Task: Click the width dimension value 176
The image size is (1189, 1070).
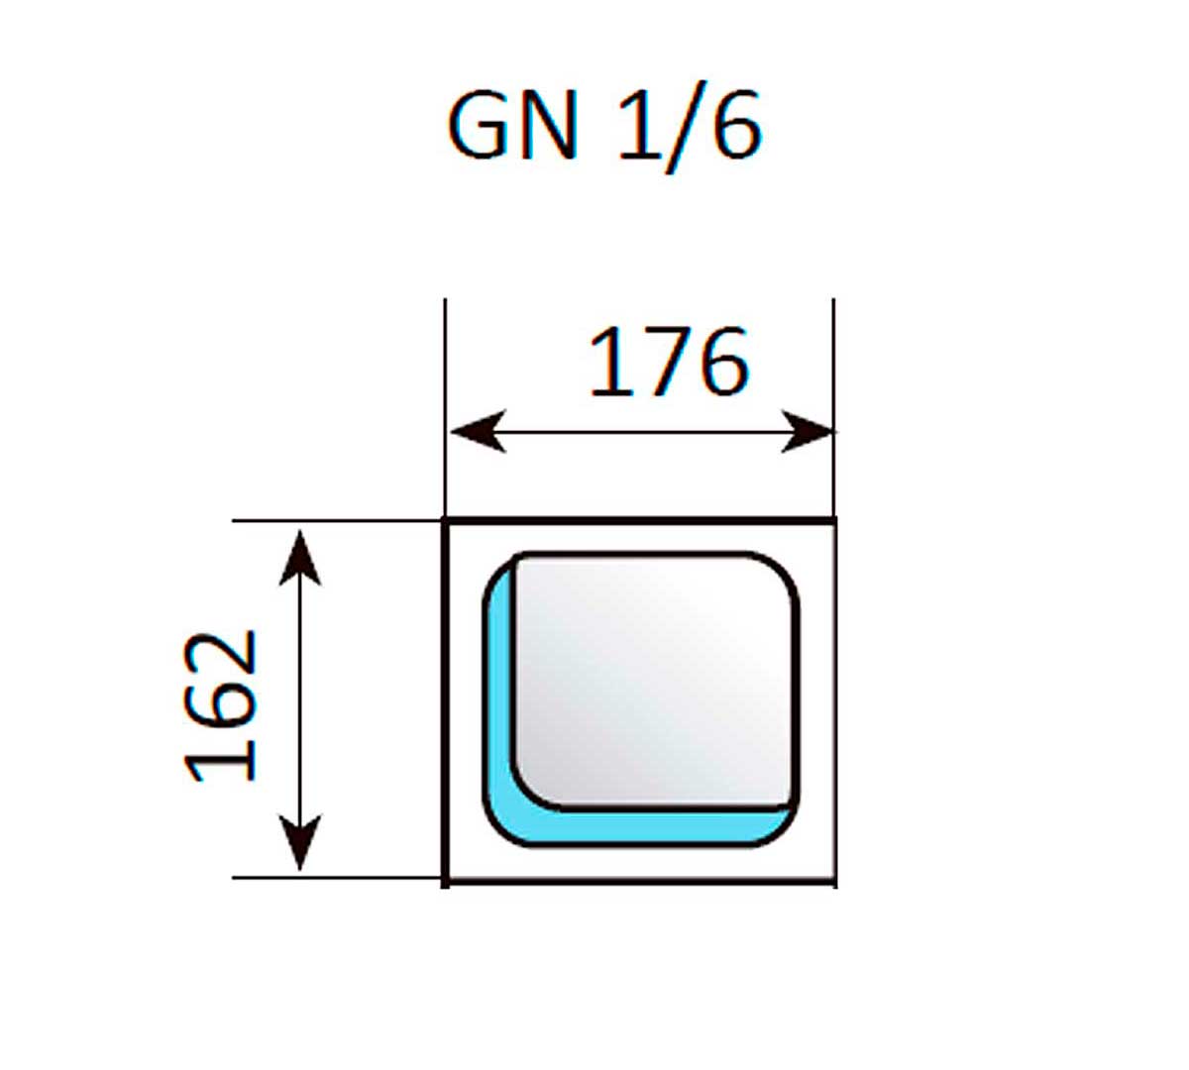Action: [x=668, y=362]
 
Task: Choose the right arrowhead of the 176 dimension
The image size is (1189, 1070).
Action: [x=807, y=432]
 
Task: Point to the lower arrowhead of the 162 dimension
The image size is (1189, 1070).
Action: [x=299, y=842]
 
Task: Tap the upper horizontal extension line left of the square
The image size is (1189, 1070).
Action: [x=337, y=520]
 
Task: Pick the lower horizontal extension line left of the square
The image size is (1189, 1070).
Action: [x=337, y=878]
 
